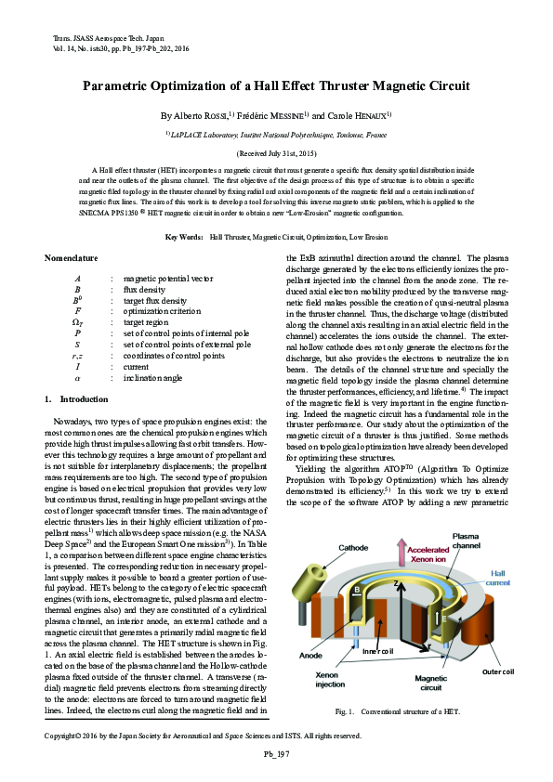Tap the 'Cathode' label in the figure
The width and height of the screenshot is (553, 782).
point(354,548)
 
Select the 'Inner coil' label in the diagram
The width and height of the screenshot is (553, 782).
point(377,652)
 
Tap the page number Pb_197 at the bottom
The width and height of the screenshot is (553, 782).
point(276,752)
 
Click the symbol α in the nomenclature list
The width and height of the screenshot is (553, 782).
point(78,379)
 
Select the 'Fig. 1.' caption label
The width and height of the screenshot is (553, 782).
point(346,712)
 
